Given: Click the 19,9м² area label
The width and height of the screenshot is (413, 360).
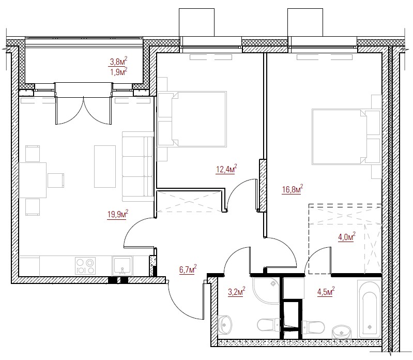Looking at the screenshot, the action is click(x=118, y=214).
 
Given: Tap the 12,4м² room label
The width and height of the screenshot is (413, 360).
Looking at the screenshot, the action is click(x=226, y=169).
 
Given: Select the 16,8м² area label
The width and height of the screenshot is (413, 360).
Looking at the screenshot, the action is click(x=293, y=189).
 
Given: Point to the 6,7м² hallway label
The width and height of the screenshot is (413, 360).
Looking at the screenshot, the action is click(x=188, y=269).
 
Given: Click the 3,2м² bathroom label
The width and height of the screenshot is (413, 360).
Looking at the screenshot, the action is click(x=237, y=292).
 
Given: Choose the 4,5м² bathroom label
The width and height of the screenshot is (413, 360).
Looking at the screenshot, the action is click(x=326, y=292).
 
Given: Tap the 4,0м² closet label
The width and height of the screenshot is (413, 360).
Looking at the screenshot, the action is click(x=347, y=237).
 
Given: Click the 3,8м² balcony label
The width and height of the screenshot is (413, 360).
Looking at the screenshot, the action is click(x=118, y=62).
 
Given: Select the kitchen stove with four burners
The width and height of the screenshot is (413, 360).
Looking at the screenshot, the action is click(x=85, y=266).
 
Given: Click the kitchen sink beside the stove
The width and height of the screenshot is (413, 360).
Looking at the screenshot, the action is click(x=122, y=266).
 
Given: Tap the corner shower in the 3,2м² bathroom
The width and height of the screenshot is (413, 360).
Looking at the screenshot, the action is click(x=266, y=290).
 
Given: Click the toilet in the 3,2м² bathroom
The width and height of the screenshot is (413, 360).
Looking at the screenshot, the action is click(x=269, y=325).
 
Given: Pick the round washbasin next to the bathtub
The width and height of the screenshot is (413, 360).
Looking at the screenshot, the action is click(x=342, y=332).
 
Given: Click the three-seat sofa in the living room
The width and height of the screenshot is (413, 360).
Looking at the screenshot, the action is click(x=138, y=167).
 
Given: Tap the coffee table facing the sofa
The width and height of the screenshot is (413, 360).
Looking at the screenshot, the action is click(x=105, y=167).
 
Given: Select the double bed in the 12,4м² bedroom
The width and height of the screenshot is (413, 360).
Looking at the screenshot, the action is click(x=192, y=119).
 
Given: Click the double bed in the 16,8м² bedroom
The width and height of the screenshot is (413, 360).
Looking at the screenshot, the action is click(x=346, y=137).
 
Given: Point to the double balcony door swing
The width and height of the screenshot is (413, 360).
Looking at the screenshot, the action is click(x=83, y=111).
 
